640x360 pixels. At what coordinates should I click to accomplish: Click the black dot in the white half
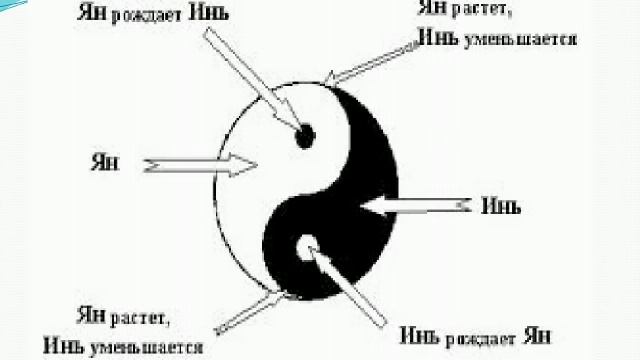[x=306, y=134]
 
